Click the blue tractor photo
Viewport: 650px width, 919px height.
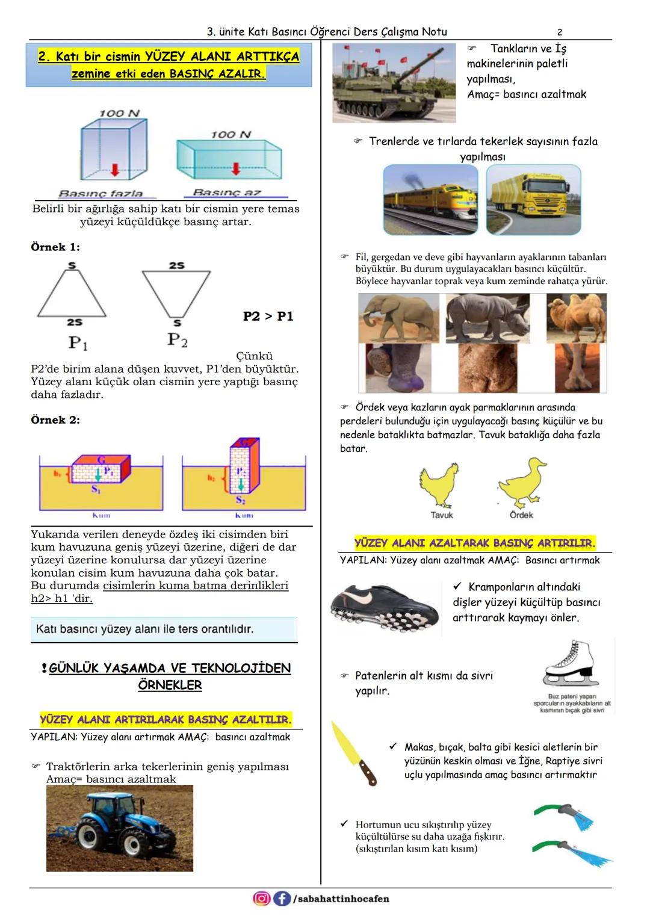120,828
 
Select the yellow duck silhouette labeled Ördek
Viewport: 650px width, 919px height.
521,484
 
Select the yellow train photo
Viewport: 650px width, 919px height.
430,200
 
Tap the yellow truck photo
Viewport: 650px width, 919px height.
533,199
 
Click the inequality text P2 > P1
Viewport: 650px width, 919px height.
268,317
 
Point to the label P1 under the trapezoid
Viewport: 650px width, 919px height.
78,343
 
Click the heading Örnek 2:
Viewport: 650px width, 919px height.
55,420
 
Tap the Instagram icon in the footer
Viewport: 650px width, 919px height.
261,899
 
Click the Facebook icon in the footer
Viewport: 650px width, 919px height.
281,899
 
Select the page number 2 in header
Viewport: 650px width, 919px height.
560,32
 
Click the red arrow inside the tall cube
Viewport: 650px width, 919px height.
115,171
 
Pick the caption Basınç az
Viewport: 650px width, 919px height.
227,193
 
